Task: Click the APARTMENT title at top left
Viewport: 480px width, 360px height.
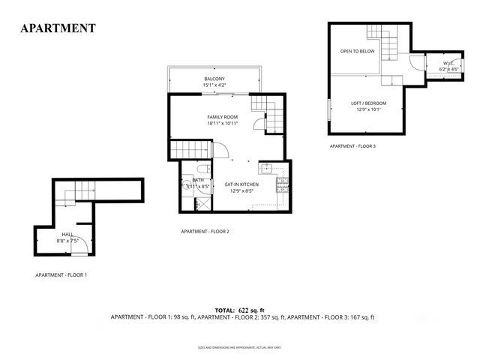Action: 58,28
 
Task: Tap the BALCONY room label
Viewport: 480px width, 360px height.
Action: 214,79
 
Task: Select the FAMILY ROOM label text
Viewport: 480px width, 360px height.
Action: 223,118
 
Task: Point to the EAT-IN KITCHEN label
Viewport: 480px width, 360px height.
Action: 242,184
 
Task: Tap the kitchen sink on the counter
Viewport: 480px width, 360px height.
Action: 266,168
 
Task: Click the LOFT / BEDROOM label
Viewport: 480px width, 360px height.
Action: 368,103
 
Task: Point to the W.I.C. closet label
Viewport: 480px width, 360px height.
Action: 448,63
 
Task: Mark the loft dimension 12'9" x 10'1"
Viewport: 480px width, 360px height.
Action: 368,109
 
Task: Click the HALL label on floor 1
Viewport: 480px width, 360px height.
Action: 67,235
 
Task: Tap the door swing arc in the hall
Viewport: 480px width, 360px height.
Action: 84,244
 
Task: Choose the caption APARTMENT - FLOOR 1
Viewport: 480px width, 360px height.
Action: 61,275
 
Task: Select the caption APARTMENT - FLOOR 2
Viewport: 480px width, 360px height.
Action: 205,232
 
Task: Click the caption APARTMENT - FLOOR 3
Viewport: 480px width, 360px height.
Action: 352,146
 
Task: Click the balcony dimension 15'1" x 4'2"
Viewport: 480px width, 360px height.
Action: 214,85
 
